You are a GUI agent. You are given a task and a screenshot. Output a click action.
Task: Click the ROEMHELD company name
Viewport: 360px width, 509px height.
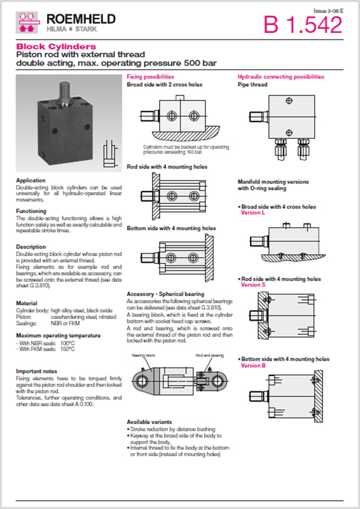[x=81, y=19]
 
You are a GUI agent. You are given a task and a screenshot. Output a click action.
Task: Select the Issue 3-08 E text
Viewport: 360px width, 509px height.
[x=329, y=11]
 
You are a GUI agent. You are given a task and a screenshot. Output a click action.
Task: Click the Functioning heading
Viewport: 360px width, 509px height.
[x=31, y=211]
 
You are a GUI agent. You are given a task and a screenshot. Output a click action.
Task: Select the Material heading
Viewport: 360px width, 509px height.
[x=27, y=303]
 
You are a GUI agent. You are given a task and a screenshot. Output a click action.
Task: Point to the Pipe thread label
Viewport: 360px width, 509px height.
[x=253, y=84]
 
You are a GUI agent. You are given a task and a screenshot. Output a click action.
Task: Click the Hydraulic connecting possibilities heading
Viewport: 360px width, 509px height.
[x=280, y=76]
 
